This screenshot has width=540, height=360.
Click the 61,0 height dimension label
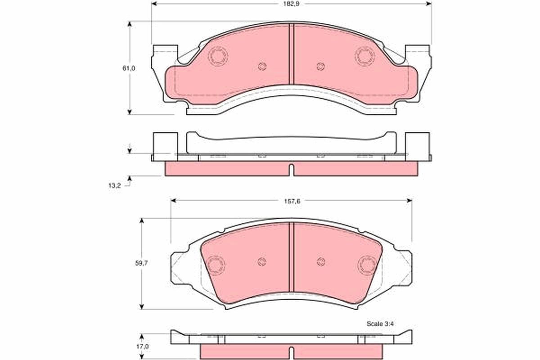coord(129,68)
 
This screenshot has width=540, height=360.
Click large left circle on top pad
coord(219,56)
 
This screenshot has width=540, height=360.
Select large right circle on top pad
coord(364,56)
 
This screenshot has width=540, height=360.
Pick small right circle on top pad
coord(320,67)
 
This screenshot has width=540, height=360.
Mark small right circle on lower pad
coord(320,262)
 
